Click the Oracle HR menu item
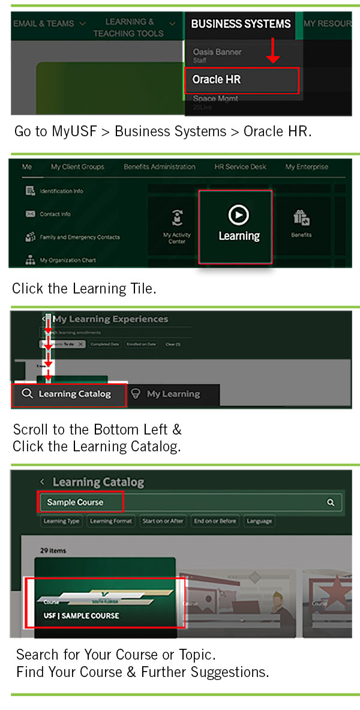point(240,80)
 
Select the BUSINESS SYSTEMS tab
point(241,24)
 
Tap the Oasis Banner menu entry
point(217,53)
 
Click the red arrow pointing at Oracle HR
point(273,51)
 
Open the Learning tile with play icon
point(239,226)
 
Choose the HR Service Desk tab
point(240,167)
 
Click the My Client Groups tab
point(77,167)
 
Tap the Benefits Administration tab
point(160,167)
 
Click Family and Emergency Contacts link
point(79,237)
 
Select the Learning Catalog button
point(69,394)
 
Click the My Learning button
point(173,394)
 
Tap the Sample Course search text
point(76,502)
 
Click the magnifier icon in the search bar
point(331,503)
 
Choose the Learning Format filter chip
point(110,521)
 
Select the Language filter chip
point(259,521)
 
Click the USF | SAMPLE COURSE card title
point(82,615)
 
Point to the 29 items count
point(53,550)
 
